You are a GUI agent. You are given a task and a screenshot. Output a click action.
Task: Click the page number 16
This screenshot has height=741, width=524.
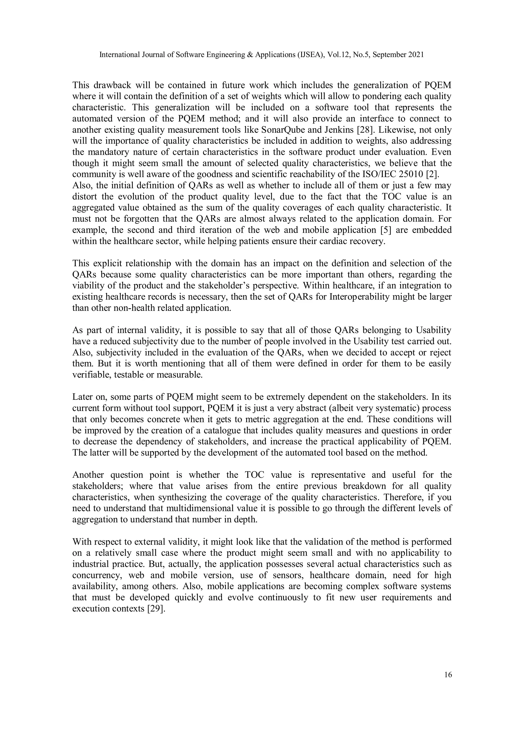tap(448, 674)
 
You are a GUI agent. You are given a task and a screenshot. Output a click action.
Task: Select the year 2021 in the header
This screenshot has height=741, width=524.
tap(416, 55)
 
